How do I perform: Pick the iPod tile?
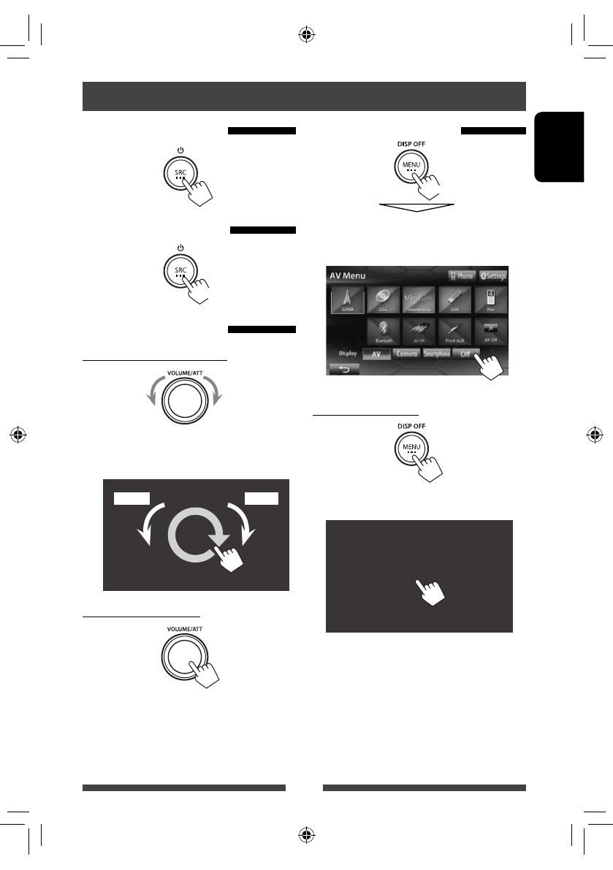[490, 299]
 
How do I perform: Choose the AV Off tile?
[490, 331]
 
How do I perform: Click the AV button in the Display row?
[376, 354]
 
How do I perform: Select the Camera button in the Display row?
[406, 354]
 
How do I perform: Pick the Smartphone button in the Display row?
[437, 354]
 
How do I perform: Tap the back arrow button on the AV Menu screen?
[343, 370]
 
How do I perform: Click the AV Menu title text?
[347, 277]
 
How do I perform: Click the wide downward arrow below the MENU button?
[416, 208]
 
